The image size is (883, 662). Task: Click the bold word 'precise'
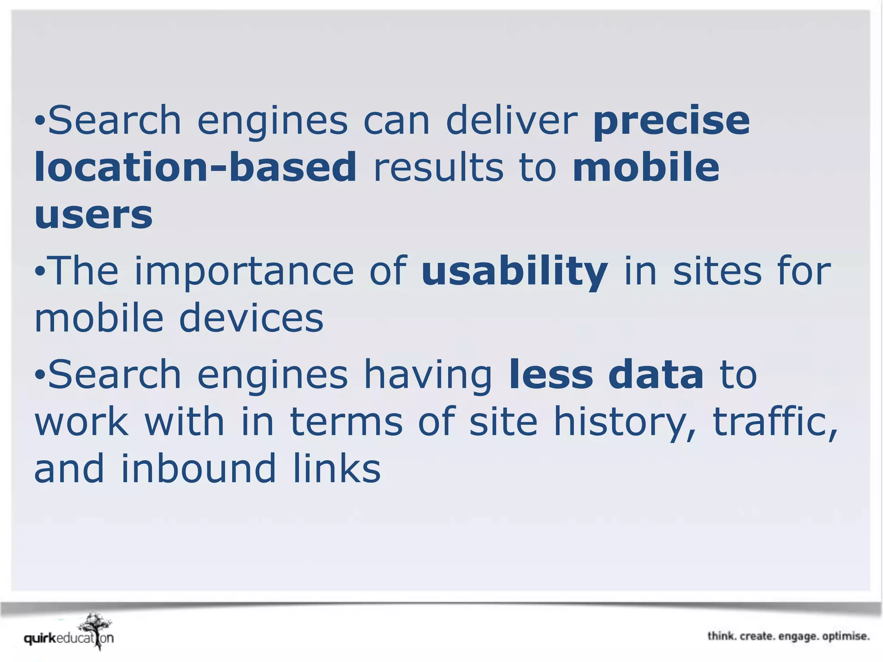671,121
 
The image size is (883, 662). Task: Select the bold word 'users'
94,214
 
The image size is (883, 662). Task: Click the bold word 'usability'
515,272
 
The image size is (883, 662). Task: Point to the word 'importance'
244,272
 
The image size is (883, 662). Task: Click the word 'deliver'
511,120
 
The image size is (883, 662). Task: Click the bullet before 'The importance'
40,272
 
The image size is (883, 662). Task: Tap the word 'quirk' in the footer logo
40,638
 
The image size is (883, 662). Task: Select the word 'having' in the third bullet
428,375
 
